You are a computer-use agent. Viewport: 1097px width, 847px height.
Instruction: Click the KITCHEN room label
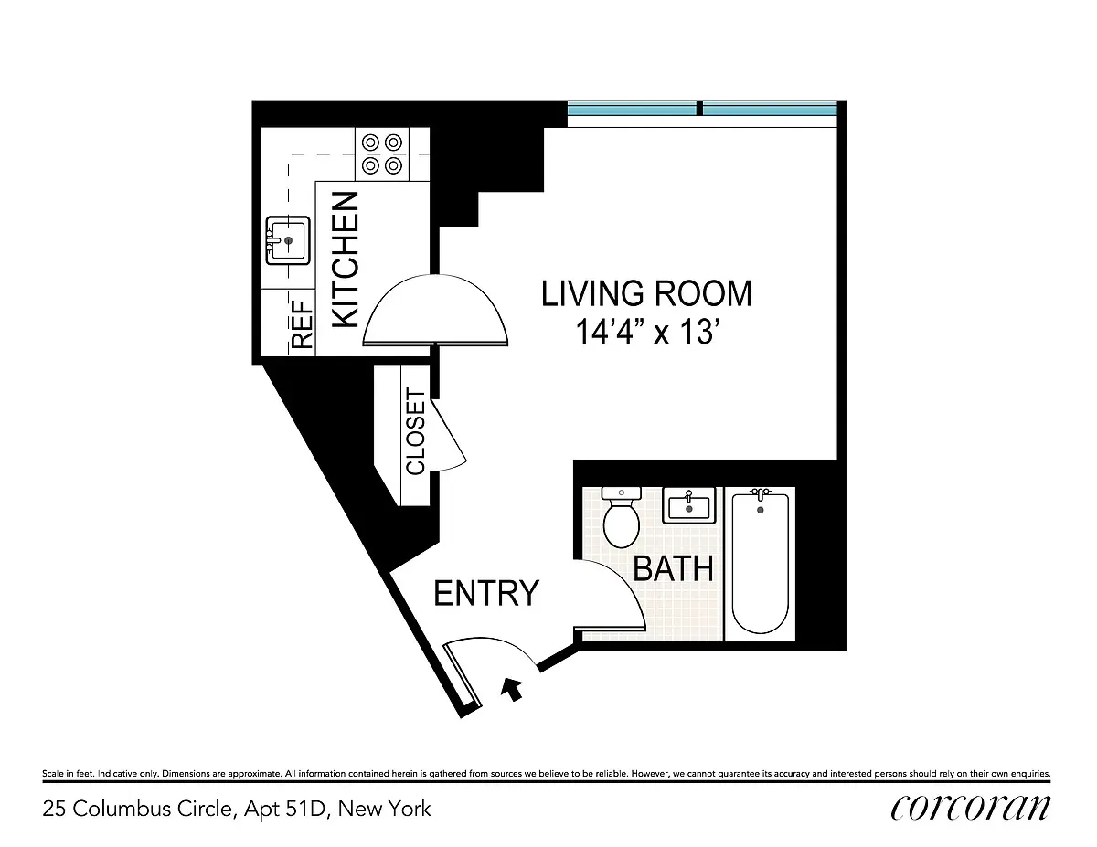345,259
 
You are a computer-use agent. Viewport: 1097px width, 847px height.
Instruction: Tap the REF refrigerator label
302,323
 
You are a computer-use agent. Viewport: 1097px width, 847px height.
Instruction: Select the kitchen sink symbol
288,240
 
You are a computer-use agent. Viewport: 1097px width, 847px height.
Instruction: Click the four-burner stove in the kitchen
382,154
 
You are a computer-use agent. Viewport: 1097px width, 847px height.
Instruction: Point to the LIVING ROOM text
646,293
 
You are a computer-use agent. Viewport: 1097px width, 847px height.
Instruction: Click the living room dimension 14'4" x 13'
644,332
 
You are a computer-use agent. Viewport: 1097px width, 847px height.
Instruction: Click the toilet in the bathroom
623,518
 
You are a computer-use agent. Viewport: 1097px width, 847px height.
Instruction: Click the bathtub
760,562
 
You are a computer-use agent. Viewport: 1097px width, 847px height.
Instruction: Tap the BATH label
673,568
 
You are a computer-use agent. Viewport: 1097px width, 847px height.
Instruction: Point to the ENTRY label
486,593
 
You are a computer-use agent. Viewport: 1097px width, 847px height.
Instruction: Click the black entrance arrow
514,688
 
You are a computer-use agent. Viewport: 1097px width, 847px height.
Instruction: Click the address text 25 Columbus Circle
236,809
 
